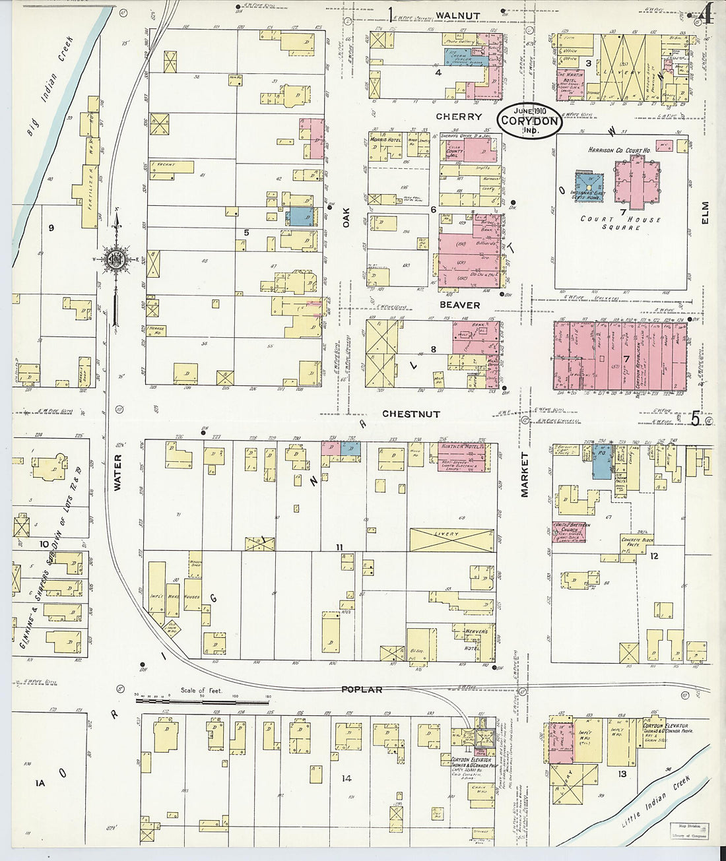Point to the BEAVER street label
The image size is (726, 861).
[460, 305]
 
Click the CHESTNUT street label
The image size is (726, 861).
[411, 414]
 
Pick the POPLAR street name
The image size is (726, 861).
[362, 689]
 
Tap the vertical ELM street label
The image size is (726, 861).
[705, 213]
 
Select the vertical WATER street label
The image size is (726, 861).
[117, 472]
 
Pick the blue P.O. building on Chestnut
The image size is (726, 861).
[601, 461]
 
